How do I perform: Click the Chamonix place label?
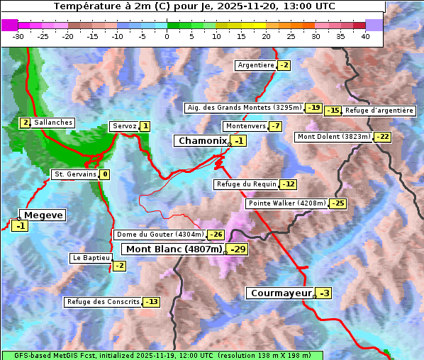(202, 141)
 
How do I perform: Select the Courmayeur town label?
(281, 293)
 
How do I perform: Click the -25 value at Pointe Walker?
(338, 203)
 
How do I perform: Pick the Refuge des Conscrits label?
(103, 302)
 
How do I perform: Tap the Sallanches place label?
(53, 123)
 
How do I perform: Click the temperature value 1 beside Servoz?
(145, 126)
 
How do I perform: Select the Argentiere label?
(256, 65)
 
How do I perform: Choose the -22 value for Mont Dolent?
(383, 137)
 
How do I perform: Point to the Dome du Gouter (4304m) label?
(160, 235)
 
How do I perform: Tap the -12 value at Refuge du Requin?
(288, 184)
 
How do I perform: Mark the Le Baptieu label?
(91, 258)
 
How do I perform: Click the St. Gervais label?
(74, 174)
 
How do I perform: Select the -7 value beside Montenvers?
(276, 126)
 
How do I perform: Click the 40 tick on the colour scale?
(365, 36)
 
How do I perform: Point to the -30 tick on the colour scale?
(18, 36)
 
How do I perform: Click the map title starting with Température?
(194, 6)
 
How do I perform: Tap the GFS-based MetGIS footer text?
(162, 355)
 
